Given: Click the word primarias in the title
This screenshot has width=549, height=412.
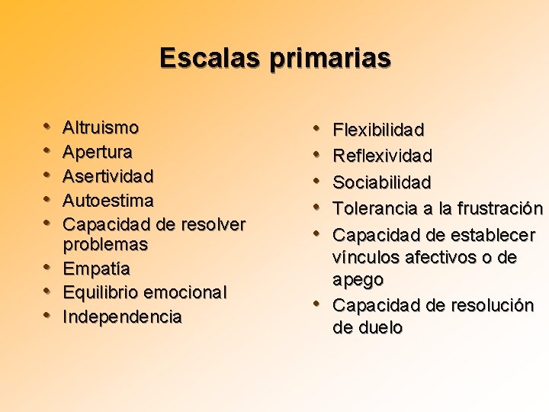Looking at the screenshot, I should point(329,59).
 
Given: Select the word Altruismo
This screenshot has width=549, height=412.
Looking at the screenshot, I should point(101,127).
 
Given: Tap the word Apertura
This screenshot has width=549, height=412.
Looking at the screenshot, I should point(98,152).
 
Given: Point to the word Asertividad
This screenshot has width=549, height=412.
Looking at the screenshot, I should point(108,176).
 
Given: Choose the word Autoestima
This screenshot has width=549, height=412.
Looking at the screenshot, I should point(108,201).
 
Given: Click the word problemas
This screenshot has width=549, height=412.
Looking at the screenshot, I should point(105,245).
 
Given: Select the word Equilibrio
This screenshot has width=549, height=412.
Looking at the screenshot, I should point(100,293).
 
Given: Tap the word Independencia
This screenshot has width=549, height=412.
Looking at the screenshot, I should point(122,317).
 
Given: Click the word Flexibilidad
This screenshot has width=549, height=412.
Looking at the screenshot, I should point(379,130).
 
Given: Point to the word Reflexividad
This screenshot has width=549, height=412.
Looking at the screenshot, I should point(383,156).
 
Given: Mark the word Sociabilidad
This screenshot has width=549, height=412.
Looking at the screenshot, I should point(382,182).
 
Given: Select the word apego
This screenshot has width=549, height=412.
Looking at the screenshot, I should point(358,280).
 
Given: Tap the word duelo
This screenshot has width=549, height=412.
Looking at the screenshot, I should point(378,328).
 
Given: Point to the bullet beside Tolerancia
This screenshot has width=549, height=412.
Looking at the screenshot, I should point(318,207).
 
